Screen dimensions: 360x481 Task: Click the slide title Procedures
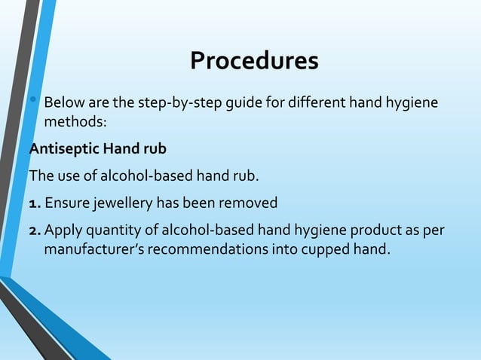click(x=254, y=61)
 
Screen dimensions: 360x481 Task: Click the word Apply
click(x=63, y=229)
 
